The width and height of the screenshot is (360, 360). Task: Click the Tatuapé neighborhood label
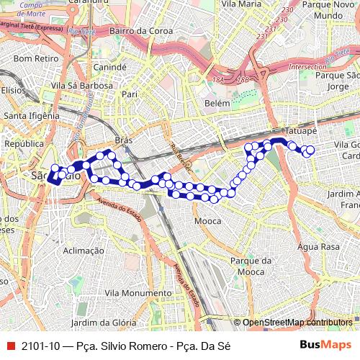pos(301,132)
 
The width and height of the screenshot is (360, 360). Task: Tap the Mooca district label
pos(208,220)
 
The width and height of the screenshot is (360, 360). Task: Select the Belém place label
pos(217,104)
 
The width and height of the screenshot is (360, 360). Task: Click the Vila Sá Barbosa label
pos(81,85)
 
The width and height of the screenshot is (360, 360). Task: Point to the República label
pos(24,143)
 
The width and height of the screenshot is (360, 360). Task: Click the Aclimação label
pos(84,251)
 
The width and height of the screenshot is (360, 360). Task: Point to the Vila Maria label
pos(241,4)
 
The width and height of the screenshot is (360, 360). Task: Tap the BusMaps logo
pos(325,345)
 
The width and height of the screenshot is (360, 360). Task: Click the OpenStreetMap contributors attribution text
pos(297,323)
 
